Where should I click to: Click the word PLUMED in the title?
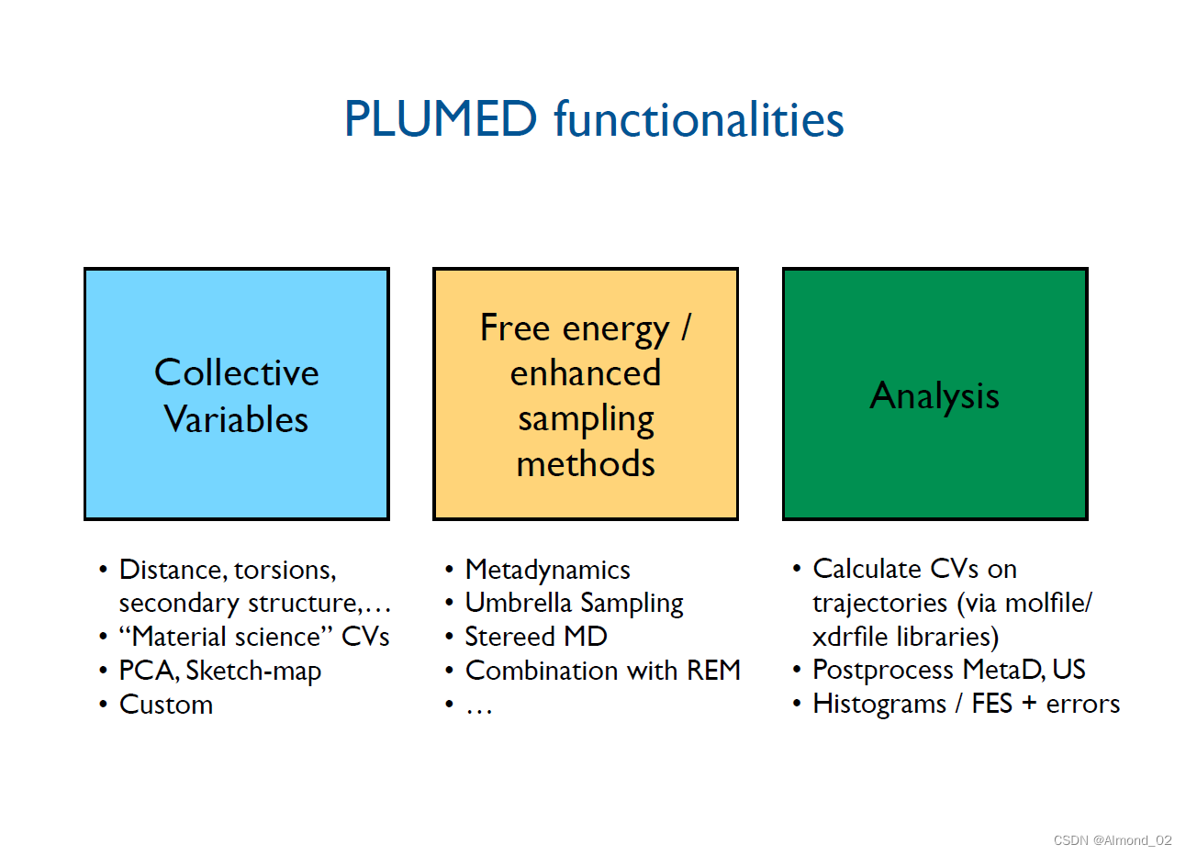point(440,119)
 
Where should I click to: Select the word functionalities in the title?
point(699,119)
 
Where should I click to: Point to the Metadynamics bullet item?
point(547,570)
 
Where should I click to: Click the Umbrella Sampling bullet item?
point(574,603)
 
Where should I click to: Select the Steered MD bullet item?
point(536,637)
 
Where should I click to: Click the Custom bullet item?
point(166,705)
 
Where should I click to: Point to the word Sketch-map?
point(253,671)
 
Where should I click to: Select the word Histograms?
point(878,704)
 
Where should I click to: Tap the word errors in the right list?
point(1083,704)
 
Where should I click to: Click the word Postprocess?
point(883,670)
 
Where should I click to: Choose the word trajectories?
point(879,603)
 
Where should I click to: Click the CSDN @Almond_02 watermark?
point(1113,840)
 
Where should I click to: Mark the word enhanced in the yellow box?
point(586,373)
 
